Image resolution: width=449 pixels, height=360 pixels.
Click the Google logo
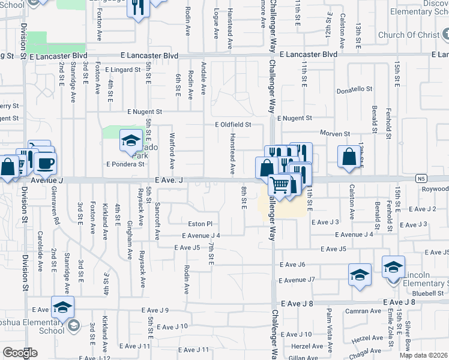point(20,353)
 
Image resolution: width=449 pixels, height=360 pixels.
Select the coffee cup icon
point(45,163)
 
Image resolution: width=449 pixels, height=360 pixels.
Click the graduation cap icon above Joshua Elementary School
point(62,308)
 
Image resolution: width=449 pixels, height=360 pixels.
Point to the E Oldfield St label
point(233,125)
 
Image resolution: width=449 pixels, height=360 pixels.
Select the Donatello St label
point(354,89)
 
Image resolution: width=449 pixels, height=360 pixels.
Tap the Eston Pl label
point(200,223)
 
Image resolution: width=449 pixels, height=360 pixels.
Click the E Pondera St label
point(125,163)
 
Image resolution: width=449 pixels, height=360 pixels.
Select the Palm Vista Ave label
point(329,329)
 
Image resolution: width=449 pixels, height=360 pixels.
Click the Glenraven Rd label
point(56,221)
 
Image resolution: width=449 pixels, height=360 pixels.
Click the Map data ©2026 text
point(423,355)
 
